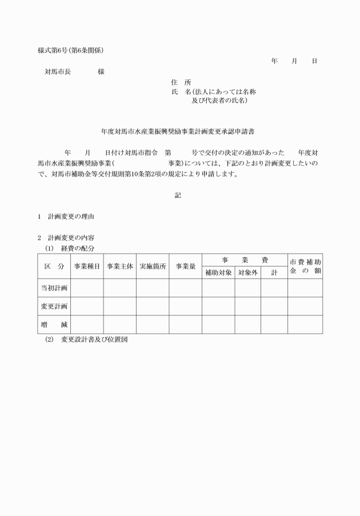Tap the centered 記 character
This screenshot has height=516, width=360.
point(178,195)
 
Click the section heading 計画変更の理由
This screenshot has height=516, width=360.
point(71,217)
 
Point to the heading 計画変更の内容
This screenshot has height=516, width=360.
point(71,238)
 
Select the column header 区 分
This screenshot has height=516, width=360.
point(54,266)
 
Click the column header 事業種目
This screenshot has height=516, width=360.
point(87,266)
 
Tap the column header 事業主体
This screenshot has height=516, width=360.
point(119,266)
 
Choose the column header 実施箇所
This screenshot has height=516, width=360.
point(152,266)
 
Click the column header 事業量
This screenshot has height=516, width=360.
point(186,266)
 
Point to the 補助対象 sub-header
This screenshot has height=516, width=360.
point(218,273)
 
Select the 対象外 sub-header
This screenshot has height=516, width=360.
point(248,273)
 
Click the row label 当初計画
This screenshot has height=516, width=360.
point(54,288)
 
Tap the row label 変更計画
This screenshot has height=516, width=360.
point(54,306)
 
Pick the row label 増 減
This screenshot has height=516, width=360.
point(54,325)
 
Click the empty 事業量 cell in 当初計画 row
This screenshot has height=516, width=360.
point(186,288)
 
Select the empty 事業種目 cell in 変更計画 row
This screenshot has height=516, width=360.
point(87,306)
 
